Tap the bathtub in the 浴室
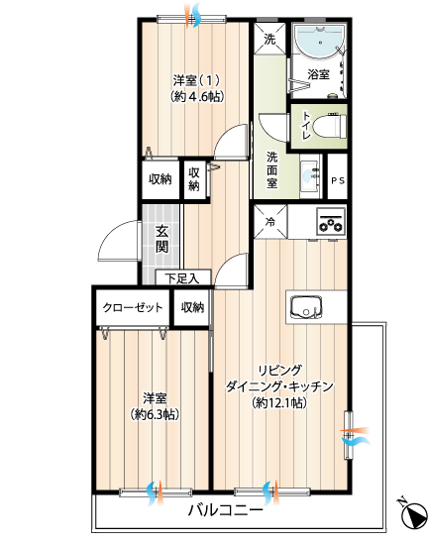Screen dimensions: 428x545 click(x=320, y=40)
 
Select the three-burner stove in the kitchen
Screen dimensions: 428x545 click(x=331, y=221)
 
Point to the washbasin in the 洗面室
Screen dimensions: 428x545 click(x=309, y=175)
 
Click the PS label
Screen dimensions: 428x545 click(x=338, y=180)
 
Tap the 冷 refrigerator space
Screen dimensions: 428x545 click(x=270, y=222)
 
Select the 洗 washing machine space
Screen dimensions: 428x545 click(x=269, y=39)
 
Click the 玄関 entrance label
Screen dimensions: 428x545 click(x=161, y=239)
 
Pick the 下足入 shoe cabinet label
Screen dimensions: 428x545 click(x=182, y=278)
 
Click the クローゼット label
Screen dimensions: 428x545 click(x=133, y=307)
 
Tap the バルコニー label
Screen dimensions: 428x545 click(x=226, y=510)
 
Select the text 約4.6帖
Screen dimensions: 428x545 click(x=196, y=96)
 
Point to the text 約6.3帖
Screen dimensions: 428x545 click(x=155, y=414)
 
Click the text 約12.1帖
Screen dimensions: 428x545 click(x=280, y=402)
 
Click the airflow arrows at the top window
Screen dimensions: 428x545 click(x=192, y=15)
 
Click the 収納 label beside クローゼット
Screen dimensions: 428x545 click(x=192, y=307)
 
